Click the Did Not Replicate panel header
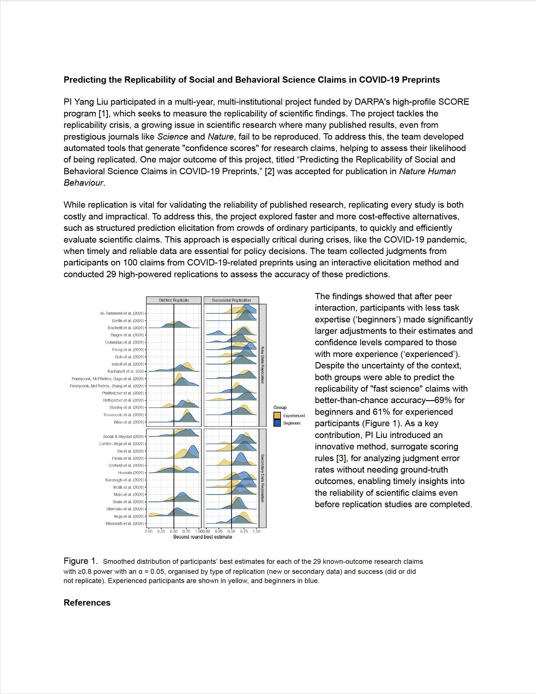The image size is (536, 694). tap(174, 300)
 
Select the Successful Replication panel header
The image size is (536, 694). tap(231, 300)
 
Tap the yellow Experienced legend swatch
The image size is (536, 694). tap(277, 416)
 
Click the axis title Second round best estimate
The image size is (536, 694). tap(202, 537)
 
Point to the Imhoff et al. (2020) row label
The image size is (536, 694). tap(128, 364)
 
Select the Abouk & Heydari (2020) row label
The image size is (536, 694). tap(123, 437)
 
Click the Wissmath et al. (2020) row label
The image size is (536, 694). tap(125, 523)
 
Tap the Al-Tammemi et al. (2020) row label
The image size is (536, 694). tap(122, 313)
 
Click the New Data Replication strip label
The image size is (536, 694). tap(263, 365)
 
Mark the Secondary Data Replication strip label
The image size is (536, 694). tap(263, 478)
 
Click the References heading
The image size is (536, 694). tap(87, 603)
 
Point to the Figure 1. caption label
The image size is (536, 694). tap(80, 561)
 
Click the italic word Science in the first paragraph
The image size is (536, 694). tap(172, 137)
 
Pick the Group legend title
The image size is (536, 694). tap(280, 407)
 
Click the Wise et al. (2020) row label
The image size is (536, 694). tap(129, 422)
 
